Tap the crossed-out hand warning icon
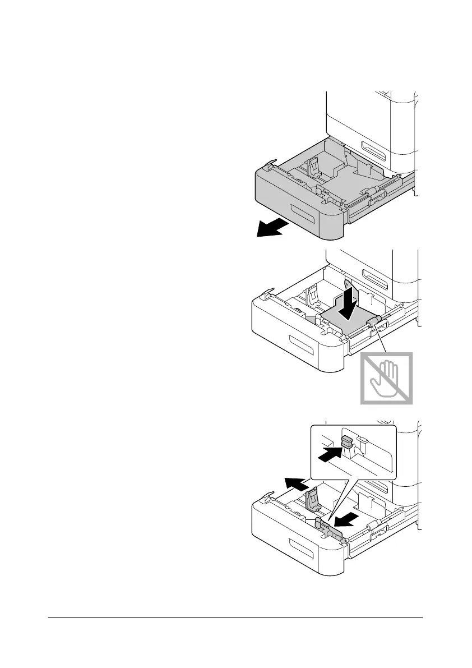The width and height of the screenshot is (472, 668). pyautogui.click(x=386, y=379)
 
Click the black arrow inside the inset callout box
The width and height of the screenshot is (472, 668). pyautogui.click(x=331, y=455)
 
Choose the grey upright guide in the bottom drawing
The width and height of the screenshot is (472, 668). pyautogui.click(x=313, y=499)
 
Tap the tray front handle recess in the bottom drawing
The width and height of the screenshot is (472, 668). pyautogui.click(x=302, y=549)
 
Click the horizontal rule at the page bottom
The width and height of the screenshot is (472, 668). pyautogui.click(x=235, y=618)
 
